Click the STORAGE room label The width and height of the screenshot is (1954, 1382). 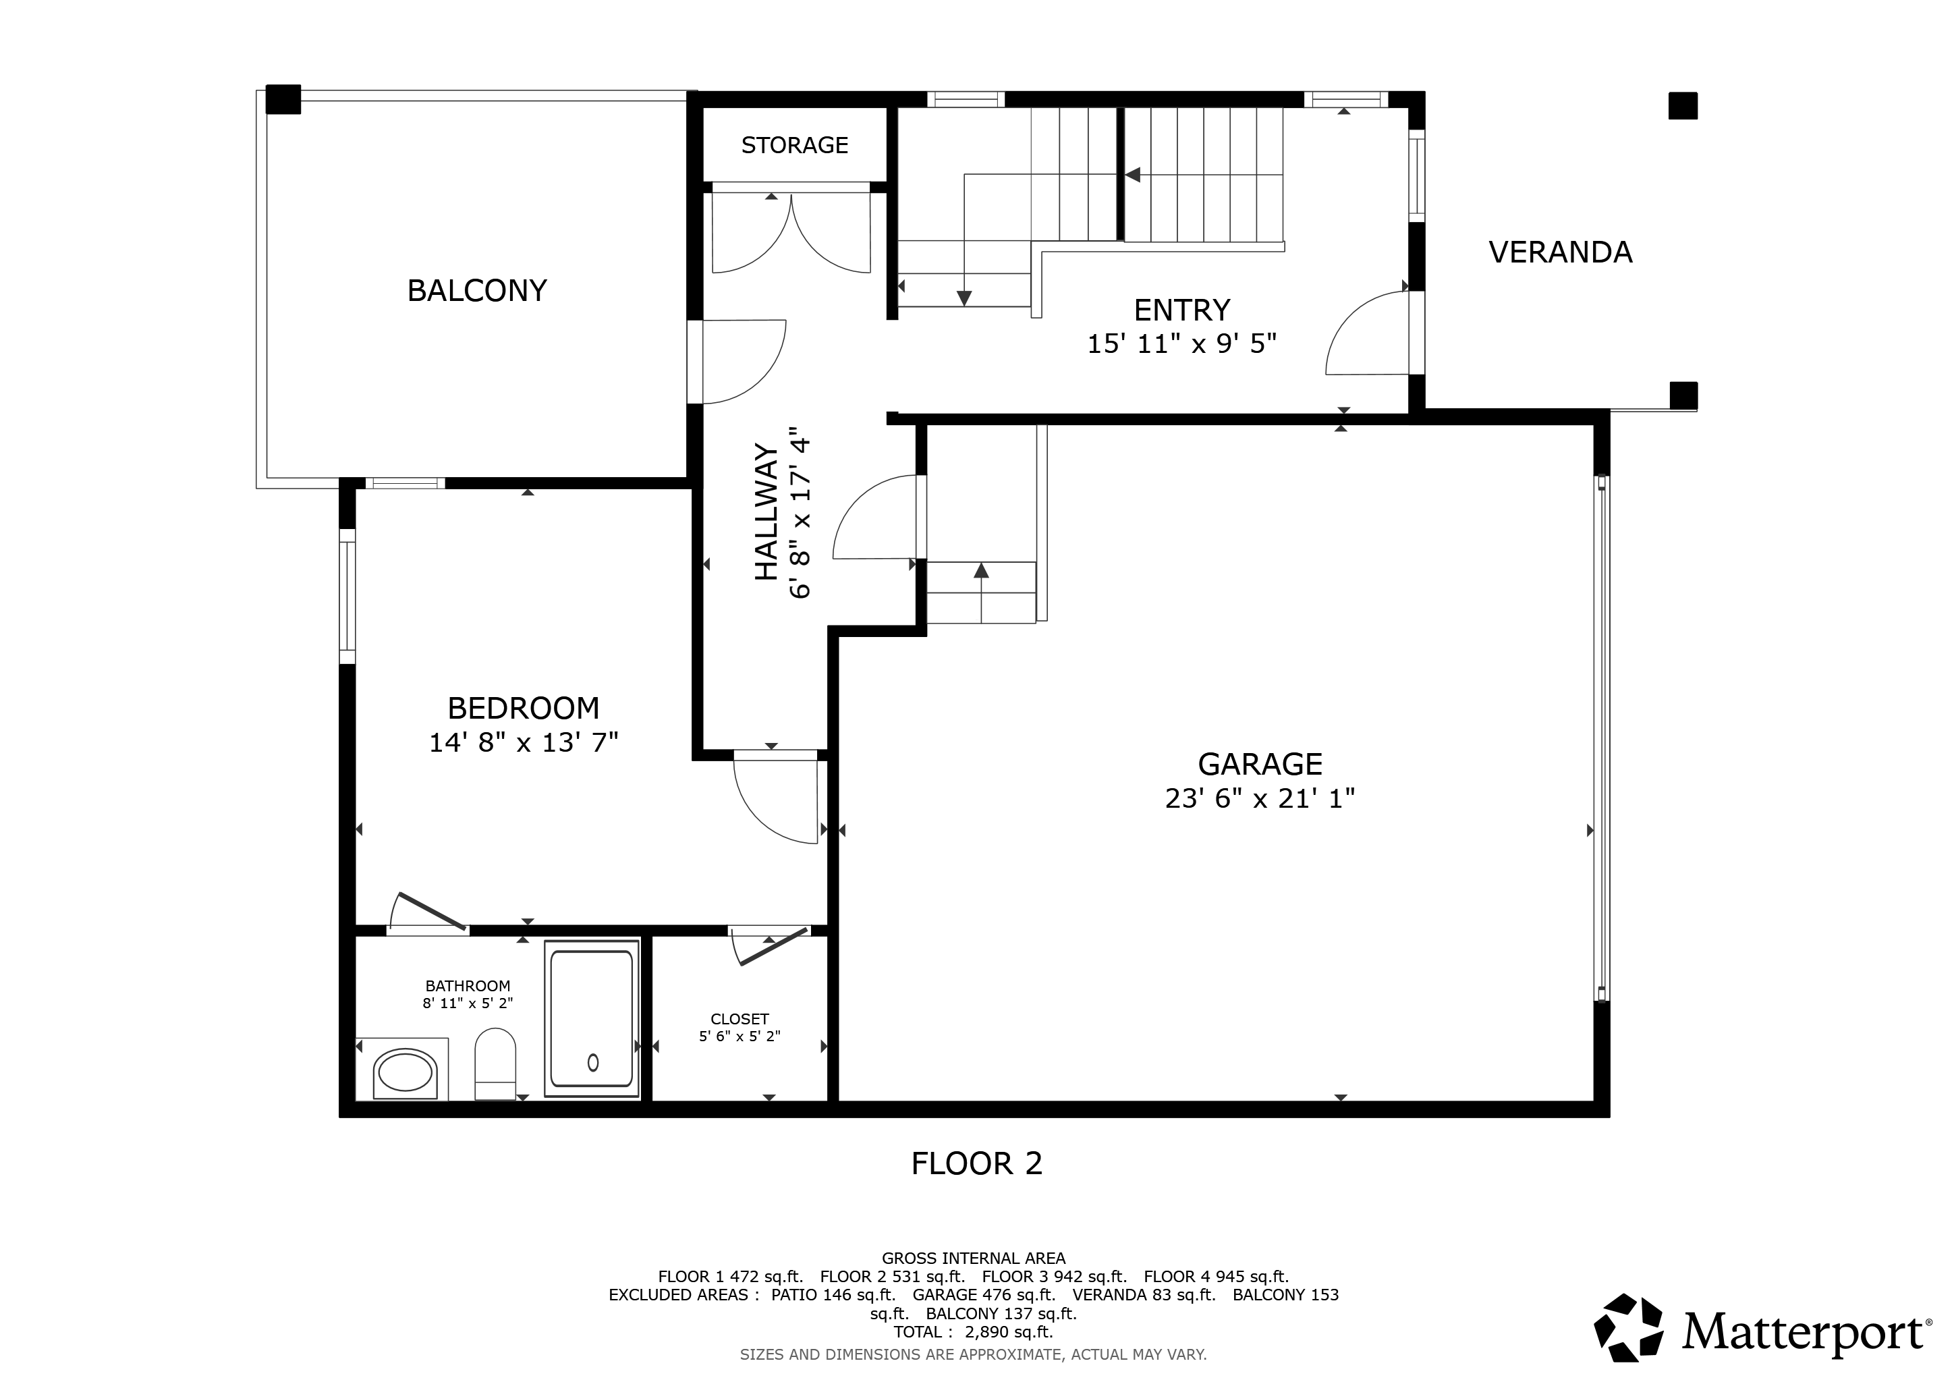click(794, 146)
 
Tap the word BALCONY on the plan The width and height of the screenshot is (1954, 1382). click(476, 291)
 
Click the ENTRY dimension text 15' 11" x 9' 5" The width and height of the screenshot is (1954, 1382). click(1182, 343)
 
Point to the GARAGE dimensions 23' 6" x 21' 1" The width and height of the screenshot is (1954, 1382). click(1260, 798)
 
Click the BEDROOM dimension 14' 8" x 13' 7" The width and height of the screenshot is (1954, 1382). click(522, 743)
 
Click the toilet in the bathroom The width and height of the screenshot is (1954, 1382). click(495, 1063)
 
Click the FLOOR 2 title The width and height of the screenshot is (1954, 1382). click(976, 1163)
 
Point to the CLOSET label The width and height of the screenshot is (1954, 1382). click(739, 1019)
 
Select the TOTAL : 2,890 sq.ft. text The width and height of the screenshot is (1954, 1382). click(973, 1332)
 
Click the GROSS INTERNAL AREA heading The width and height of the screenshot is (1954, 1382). click(973, 1258)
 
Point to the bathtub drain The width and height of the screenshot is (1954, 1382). click(593, 1062)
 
